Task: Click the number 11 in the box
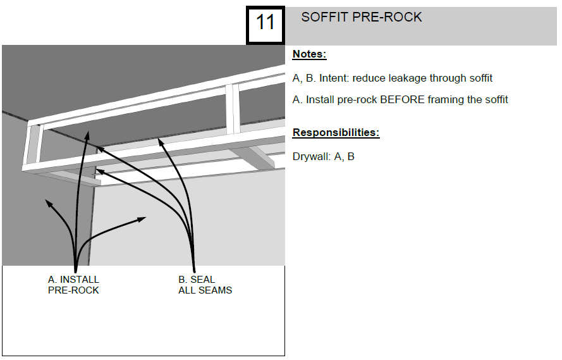pyautogui.click(x=265, y=23)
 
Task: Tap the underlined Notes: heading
pyautogui.click(x=309, y=54)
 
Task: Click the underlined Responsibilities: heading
pyautogui.click(x=336, y=133)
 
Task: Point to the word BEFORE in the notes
pyautogui.click(x=402, y=99)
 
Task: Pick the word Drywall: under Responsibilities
pyautogui.click(x=312, y=156)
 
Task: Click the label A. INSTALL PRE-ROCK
pyautogui.click(x=73, y=285)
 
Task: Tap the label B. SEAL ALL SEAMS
pyautogui.click(x=205, y=285)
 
